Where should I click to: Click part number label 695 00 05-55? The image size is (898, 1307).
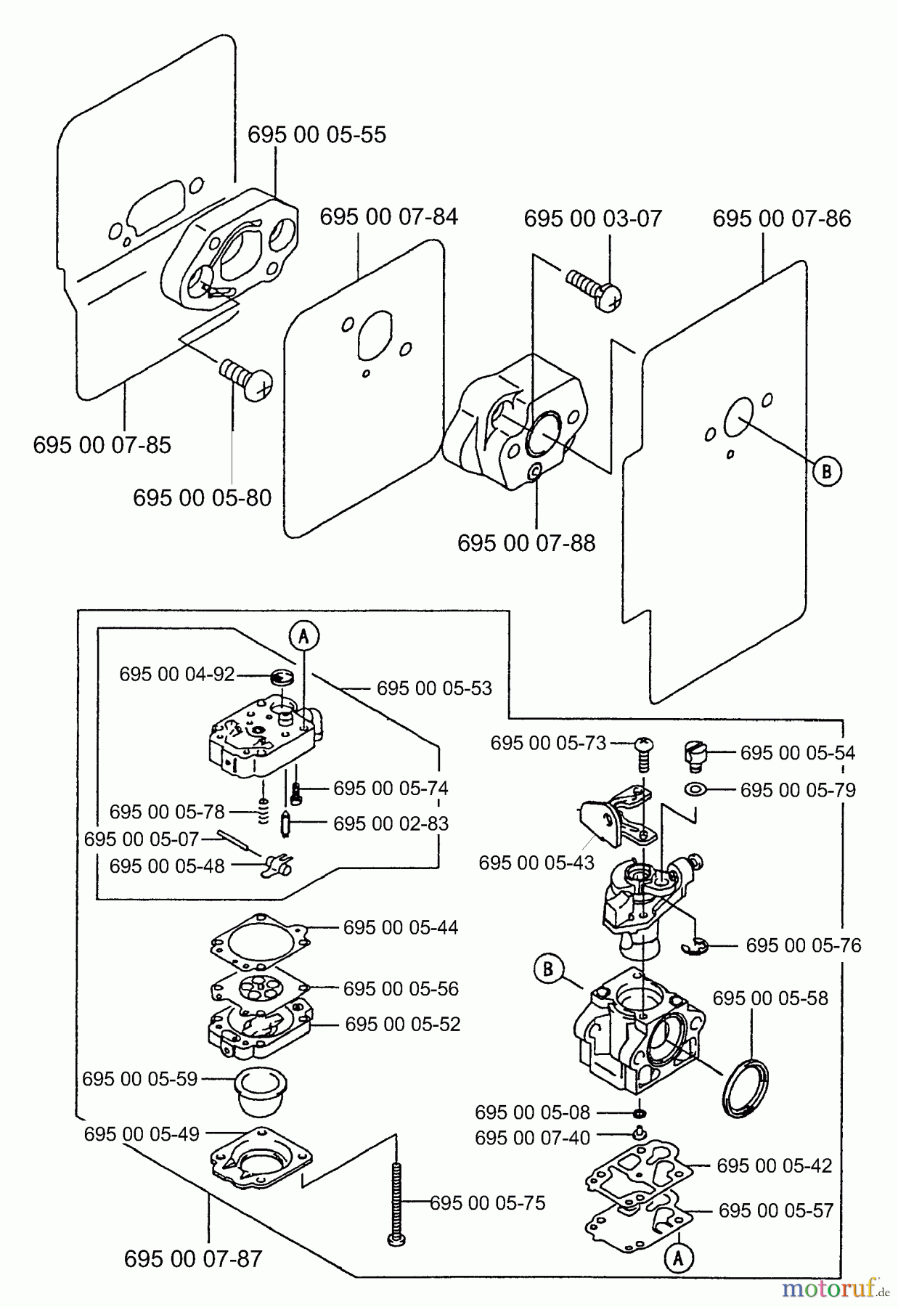click(x=317, y=135)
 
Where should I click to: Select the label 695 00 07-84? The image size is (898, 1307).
click(x=388, y=217)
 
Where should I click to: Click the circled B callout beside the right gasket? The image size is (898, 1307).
click(x=826, y=471)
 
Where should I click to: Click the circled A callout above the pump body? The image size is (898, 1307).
click(x=304, y=636)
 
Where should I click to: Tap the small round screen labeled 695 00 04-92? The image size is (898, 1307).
click(x=281, y=677)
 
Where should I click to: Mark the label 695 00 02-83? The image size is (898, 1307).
click(x=391, y=823)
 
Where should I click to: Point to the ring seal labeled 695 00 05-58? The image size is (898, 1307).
click(x=745, y=1085)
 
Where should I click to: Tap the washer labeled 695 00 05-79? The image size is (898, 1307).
click(x=696, y=789)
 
